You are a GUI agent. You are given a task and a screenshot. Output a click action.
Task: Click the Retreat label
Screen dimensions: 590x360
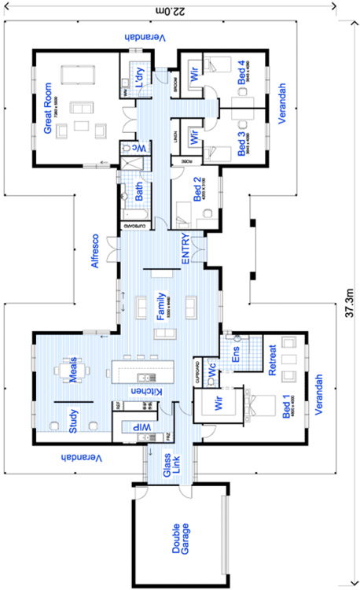pyautogui.click(x=274, y=360)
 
